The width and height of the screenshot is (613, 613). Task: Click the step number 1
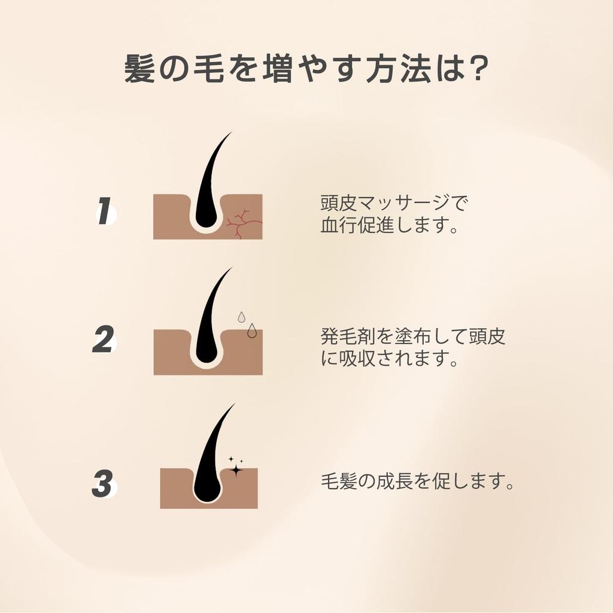pos(105,212)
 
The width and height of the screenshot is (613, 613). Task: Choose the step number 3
pos(103,484)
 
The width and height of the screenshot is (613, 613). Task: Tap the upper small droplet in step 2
pos(241,316)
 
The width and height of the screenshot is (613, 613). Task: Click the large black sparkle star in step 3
pos(236,470)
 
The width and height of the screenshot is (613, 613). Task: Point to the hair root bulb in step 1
pos(205,218)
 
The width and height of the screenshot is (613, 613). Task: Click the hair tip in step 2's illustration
pos(230,269)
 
